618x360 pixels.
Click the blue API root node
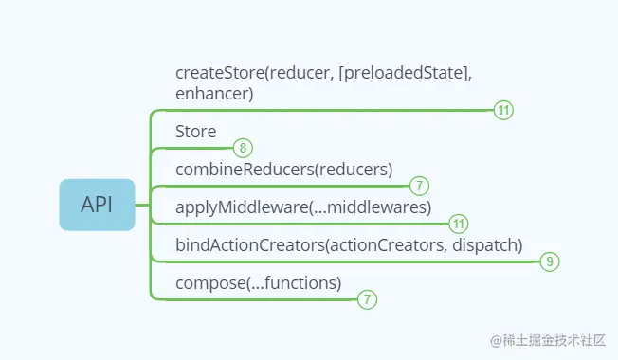[x=96, y=205]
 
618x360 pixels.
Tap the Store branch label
[x=196, y=132]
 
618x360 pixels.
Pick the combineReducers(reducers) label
[x=283, y=170]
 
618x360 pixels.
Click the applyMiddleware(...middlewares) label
[x=303, y=207]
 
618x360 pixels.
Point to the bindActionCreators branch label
[x=349, y=244]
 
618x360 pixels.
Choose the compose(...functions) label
[x=258, y=282]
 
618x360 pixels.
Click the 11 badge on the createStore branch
[x=503, y=110]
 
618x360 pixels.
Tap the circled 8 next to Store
[x=244, y=148]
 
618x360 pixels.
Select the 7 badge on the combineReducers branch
[x=421, y=186]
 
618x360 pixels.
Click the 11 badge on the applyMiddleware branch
[x=459, y=224]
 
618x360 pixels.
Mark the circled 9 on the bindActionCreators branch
[x=550, y=261]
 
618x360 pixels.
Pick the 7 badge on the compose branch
[x=367, y=299]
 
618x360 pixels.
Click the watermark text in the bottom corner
[x=547, y=338]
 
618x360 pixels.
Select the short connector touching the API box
[x=142, y=205]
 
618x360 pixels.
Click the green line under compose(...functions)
[x=256, y=299]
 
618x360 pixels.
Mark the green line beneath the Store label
[x=194, y=148]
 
